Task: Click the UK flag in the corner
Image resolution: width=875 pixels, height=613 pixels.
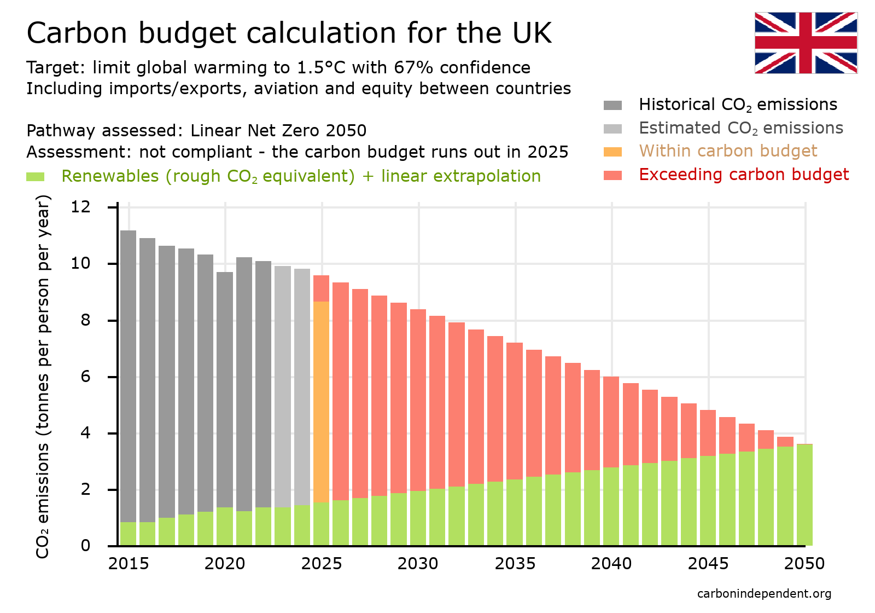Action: click(x=806, y=43)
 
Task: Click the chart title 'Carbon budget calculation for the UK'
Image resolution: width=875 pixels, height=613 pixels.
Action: click(x=289, y=33)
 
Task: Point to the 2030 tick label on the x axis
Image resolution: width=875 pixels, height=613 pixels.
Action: click(x=418, y=564)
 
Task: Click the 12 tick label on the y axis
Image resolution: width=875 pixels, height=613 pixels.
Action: click(x=81, y=207)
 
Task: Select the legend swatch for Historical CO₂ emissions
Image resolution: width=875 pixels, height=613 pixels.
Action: click(x=612, y=105)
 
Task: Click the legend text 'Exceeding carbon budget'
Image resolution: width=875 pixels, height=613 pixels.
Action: click(x=743, y=175)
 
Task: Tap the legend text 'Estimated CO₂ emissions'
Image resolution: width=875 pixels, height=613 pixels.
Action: click(x=740, y=128)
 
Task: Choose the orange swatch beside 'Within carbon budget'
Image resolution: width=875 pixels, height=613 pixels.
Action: click(x=612, y=152)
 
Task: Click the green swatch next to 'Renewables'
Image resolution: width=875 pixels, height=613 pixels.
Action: click(x=36, y=177)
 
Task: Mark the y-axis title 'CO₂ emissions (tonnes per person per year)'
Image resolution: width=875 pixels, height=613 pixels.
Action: click(x=43, y=377)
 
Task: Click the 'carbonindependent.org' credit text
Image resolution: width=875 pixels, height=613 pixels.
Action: click(x=764, y=594)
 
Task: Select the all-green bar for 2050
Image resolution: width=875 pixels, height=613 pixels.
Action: click(x=804, y=494)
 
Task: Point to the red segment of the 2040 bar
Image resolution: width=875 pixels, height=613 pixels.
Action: click(x=611, y=421)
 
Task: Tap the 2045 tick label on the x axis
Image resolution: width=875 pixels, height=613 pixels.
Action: click(x=708, y=564)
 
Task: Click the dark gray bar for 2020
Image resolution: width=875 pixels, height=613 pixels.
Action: click(x=225, y=389)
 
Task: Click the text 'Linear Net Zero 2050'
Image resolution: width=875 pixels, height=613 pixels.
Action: click(x=278, y=131)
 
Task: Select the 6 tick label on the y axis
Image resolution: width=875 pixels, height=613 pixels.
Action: click(x=85, y=377)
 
